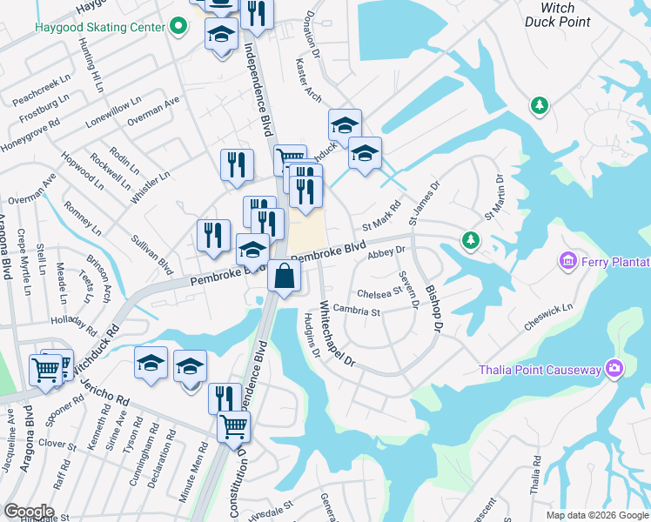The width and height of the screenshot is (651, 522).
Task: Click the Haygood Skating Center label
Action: (99, 27)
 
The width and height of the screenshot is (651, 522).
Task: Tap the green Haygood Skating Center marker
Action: (178, 27)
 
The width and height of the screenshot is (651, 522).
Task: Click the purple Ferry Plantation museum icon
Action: (569, 260)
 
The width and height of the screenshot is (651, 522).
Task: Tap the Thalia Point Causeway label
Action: (540, 370)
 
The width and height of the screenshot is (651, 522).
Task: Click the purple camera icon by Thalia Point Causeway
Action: (615, 369)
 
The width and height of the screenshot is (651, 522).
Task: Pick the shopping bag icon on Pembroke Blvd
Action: (284, 278)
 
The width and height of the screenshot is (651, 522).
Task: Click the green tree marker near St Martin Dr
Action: (471, 238)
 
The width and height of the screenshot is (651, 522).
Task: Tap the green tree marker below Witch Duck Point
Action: (540, 106)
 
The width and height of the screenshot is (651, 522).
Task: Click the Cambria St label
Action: (356, 311)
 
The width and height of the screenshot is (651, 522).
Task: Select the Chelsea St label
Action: (378, 293)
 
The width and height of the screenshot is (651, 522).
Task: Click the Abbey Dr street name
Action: (387, 251)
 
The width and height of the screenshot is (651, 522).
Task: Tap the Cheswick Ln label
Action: (548, 318)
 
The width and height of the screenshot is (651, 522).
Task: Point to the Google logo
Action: (29, 512)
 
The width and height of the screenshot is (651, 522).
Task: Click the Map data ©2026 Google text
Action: (597, 515)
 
